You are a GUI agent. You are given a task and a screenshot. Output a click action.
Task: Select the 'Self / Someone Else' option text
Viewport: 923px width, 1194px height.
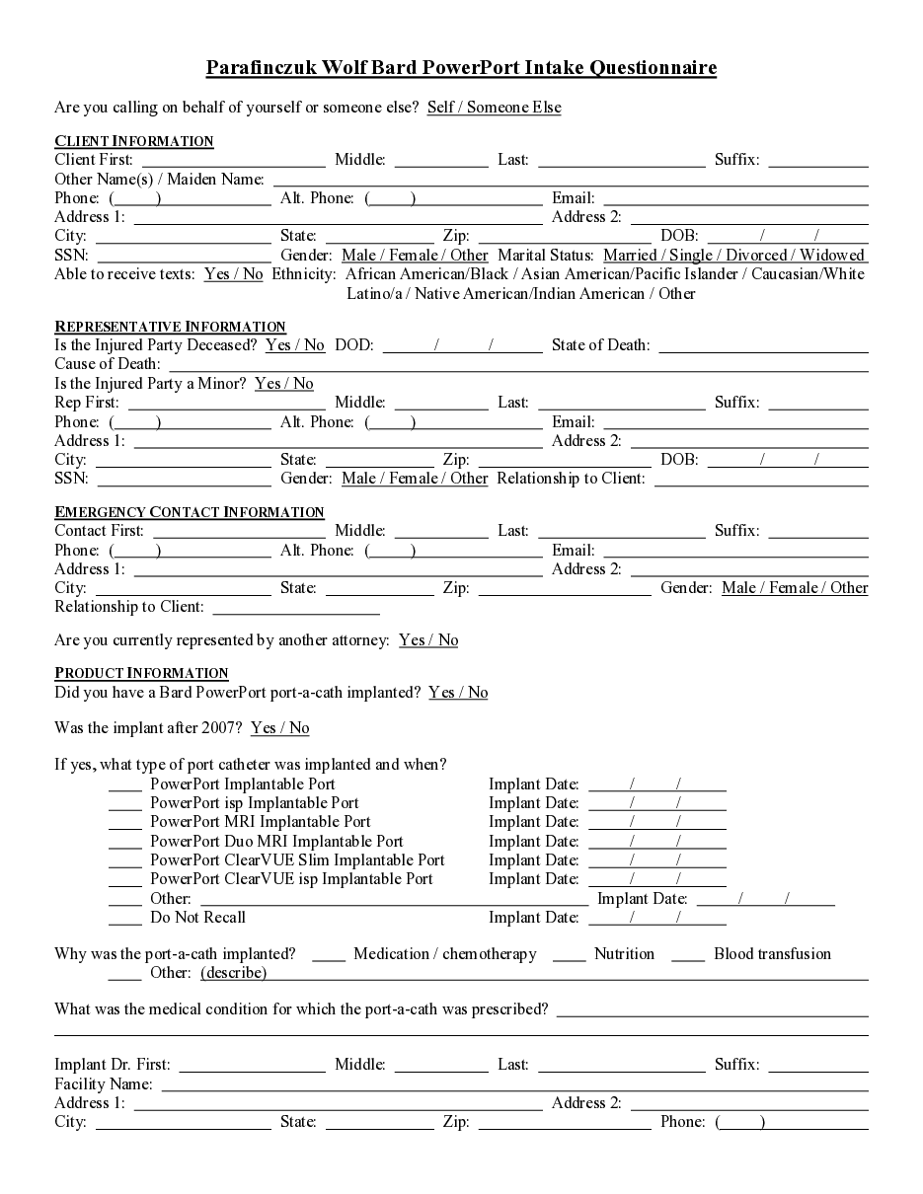pyautogui.click(x=494, y=107)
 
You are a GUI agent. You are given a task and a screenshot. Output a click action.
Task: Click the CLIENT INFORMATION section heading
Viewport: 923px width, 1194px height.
pyautogui.click(x=134, y=141)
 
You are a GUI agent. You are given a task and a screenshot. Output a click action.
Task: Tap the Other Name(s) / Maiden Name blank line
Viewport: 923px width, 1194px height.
pyautogui.click(x=570, y=180)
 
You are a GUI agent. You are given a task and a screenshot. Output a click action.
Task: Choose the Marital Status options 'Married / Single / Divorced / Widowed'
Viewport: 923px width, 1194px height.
pyautogui.click(x=733, y=256)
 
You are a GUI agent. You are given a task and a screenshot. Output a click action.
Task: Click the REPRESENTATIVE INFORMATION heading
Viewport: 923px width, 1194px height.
pyautogui.click(x=170, y=327)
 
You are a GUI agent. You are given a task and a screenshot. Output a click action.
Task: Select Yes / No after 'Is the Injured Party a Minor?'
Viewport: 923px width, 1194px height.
pyautogui.click(x=284, y=384)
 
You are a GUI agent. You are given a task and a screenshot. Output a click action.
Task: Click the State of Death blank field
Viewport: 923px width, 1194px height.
pyautogui.click(x=763, y=346)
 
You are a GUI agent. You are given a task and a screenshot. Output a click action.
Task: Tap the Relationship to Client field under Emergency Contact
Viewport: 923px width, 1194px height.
pyautogui.click(x=281, y=608)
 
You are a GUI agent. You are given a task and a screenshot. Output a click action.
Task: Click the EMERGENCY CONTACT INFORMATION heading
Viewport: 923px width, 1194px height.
pyautogui.click(x=190, y=512)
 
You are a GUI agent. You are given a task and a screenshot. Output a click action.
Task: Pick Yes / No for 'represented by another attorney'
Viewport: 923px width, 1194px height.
pyautogui.click(x=428, y=640)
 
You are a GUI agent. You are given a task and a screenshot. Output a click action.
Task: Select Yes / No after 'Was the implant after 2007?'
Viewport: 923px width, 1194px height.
pyautogui.click(x=280, y=728)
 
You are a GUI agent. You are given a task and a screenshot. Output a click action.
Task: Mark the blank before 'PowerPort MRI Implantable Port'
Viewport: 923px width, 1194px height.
pyautogui.click(x=125, y=823)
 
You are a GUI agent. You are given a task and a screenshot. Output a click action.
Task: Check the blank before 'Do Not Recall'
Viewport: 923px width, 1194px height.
pyautogui.click(x=125, y=919)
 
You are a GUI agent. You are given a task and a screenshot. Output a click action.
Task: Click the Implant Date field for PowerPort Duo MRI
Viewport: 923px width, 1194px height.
pyautogui.click(x=656, y=843)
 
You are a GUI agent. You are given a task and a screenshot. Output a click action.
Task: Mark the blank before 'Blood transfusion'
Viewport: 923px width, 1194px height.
pyautogui.click(x=688, y=955)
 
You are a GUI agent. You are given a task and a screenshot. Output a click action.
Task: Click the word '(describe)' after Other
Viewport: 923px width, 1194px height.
pyautogui.click(x=234, y=973)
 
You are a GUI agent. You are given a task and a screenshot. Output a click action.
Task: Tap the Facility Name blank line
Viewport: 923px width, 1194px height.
pyautogui.click(x=514, y=1085)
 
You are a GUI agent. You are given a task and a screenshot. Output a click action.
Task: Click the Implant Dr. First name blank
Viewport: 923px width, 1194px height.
pyautogui.click(x=252, y=1066)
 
